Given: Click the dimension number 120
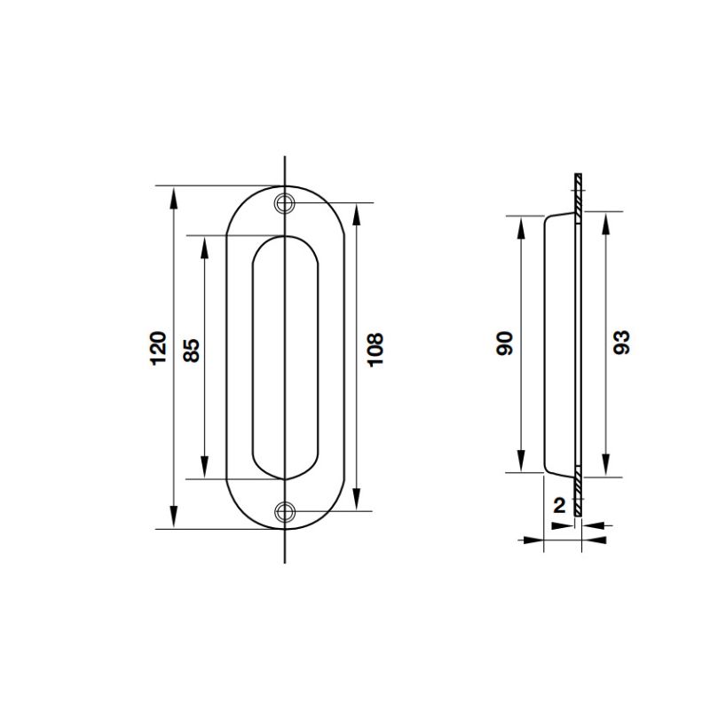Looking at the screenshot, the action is [x=159, y=348].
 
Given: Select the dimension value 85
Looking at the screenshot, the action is [x=192, y=350].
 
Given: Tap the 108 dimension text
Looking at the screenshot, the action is [x=375, y=350].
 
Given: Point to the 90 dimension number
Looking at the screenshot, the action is [x=504, y=343].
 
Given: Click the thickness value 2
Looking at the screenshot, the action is [x=560, y=505].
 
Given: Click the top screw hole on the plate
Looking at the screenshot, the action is [x=284, y=203].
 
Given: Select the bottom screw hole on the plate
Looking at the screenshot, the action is [x=285, y=512].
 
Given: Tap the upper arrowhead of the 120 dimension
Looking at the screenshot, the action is [x=173, y=198].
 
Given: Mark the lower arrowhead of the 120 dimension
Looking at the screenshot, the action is [x=173, y=517].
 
